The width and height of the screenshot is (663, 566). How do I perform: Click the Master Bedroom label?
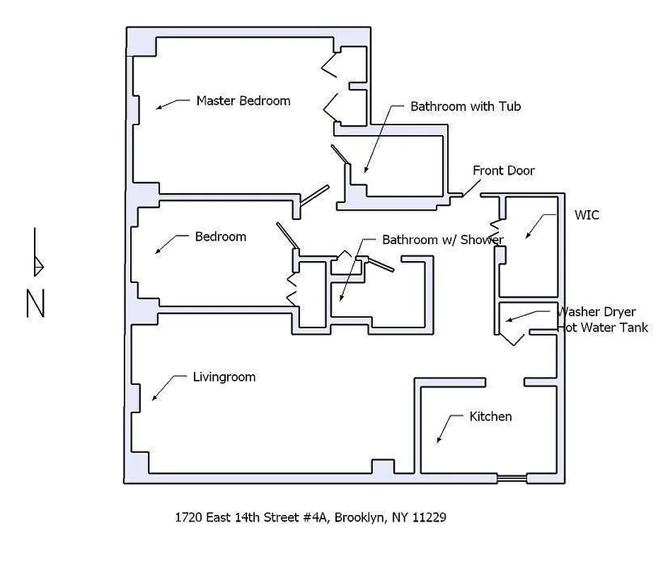click(x=243, y=100)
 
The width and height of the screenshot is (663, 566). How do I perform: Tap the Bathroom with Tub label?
click(x=466, y=107)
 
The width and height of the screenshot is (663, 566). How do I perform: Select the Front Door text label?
click(x=504, y=171)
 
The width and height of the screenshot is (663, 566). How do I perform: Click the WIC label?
click(x=587, y=215)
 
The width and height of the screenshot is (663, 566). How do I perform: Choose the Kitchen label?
click(x=490, y=417)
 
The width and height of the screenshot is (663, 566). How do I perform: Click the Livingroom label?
click(x=224, y=377)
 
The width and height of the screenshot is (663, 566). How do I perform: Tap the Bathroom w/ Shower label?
click(x=442, y=240)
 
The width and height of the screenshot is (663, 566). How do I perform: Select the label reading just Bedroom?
click(x=221, y=236)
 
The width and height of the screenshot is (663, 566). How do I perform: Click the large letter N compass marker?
click(x=35, y=304)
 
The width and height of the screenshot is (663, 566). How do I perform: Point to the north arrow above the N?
click(x=37, y=254)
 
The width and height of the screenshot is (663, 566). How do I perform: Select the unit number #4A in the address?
click(x=316, y=517)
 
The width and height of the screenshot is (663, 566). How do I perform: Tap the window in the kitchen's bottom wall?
click(x=512, y=479)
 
